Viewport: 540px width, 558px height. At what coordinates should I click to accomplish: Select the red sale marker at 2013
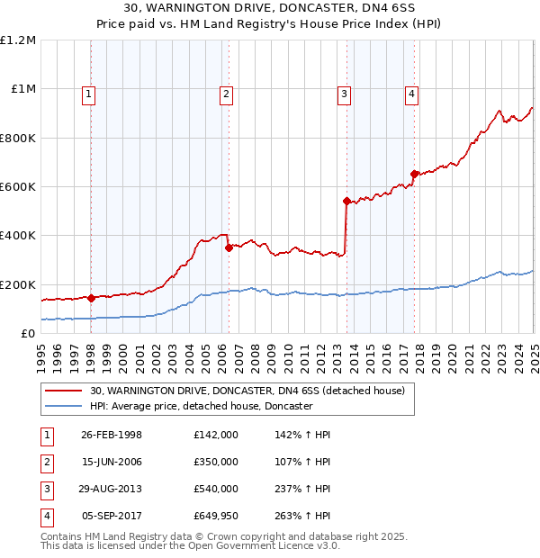(x=346, y=202)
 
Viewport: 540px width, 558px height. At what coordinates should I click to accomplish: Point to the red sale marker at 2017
(x=413, y=175)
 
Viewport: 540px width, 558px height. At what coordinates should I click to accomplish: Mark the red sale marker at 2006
(x=229, y=247)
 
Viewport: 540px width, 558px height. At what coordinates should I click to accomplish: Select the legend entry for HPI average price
(x=201, y=406)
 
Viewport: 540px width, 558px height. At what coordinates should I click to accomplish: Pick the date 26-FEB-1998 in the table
(x=112, y=435)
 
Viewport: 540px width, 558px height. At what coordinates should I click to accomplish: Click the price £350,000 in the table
(x=215, y=462)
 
